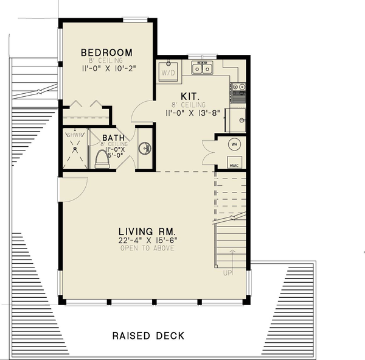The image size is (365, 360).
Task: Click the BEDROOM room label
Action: pos(106,52)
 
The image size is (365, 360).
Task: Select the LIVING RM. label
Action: pos(147,231)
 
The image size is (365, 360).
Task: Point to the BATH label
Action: pos(114,138)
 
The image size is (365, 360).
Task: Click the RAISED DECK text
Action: pos(148,336)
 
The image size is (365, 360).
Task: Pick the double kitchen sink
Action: pos(202,68)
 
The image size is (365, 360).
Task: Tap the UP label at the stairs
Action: pos(228,274)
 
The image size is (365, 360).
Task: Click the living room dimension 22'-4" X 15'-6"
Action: pos(147,241)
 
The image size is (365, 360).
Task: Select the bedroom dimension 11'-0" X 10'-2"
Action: pos(107,69)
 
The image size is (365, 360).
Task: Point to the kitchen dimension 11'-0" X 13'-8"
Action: pos(192,113)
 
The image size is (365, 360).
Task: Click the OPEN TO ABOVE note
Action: pos(147,249)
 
